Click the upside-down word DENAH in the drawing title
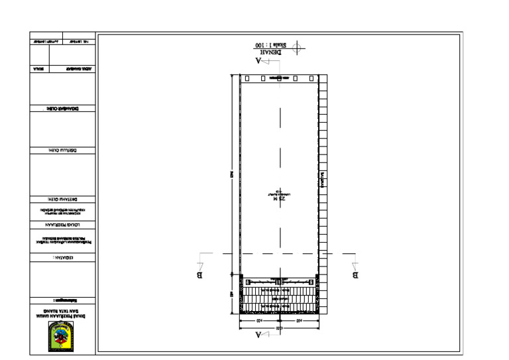pyautogui.click(x=272, y=51)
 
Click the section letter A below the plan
pyautogui.click(x=259, y=335)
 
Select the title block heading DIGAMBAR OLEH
pyautogui.click(x=62, y=108)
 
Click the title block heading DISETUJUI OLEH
pyautogui.click(x=62, y=151)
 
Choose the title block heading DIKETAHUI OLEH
pyautogui.click(x=62, y=199)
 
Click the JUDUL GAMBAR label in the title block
pyautogui.click(x=79, y=69)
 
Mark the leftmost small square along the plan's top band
pyautogui.click(x=247, y=78)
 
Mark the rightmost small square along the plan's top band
pyautogui.click(x=311, y=78)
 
